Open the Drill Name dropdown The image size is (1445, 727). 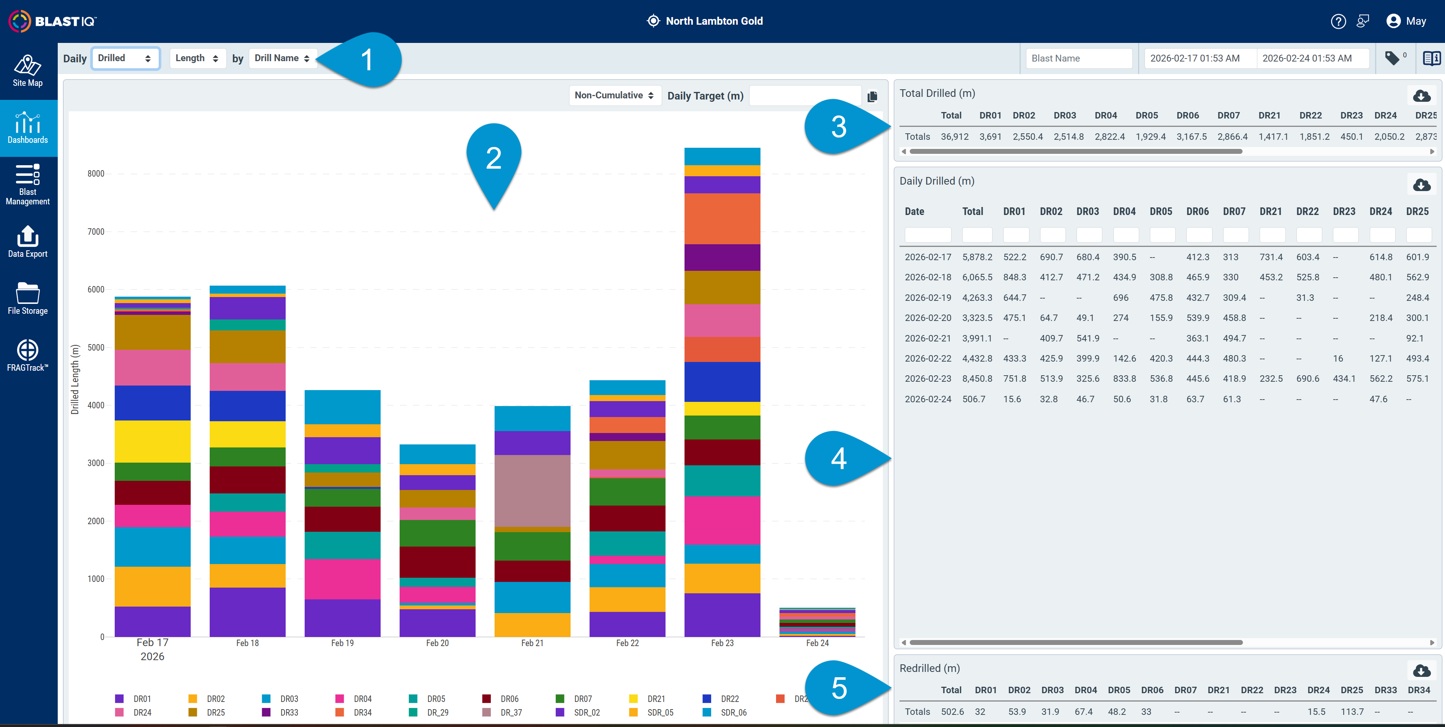coord(283,58)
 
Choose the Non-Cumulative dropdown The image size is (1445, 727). coord(615,95)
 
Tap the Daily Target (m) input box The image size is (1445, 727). coord(805,95)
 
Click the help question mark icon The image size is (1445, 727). coord(1338,21)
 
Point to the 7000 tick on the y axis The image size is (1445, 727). coord(96,232)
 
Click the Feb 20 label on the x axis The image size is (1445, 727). coord(438,643)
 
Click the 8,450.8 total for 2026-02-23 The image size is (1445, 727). coord(977,379)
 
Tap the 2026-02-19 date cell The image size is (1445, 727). coord(928,298)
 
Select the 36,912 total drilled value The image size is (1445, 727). coord(955,137)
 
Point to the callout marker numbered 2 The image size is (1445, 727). coord(494,163)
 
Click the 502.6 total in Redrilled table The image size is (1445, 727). coord(952,712)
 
